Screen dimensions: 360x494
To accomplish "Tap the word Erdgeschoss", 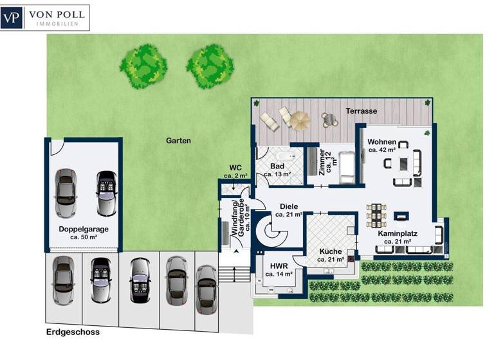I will click(73, 332).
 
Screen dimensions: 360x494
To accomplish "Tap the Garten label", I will click(178, 140).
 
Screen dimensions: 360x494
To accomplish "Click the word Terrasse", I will click(361, 111).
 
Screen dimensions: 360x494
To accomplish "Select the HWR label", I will click(279, 265).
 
